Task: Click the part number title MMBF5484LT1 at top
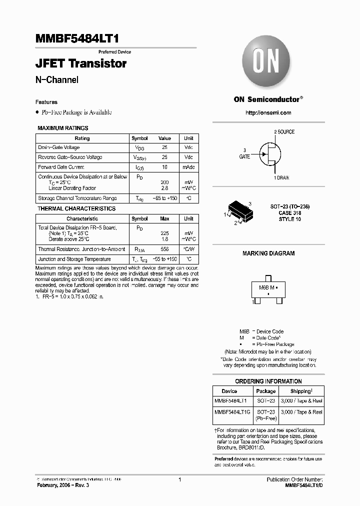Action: coord(77,39)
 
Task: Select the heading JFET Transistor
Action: coord(81,64)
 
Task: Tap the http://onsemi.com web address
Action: coord(268,113)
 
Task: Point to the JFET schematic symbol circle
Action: coord(269,154)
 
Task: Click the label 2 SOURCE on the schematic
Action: coord(284,132)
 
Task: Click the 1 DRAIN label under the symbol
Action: coord(281,178)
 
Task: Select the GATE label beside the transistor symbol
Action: coord(244,156)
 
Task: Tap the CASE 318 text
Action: coord(289,213)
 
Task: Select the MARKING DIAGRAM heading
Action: coord(268,253)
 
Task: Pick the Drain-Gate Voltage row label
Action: coord(59,147)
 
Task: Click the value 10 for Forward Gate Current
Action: coord(164,167)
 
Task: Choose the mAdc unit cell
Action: coord(188,167)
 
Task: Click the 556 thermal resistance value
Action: coord(164,249)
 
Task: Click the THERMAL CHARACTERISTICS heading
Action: coord(76,208)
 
